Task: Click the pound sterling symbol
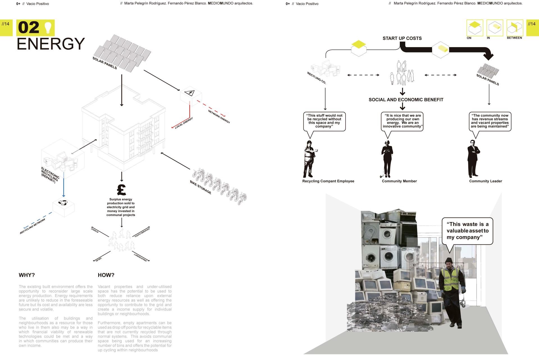[121, 190]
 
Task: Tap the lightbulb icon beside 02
[49, 27]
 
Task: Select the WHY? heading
[27, 275]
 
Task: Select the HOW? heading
[106, 275]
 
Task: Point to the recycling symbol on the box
[63, 203]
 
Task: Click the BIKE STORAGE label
[200, 187]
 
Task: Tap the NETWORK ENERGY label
[219, 116]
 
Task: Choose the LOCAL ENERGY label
[184, 123]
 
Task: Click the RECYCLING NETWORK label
[33, 226]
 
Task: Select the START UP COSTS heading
[402, 38]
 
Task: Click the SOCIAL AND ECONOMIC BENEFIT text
[406, 100]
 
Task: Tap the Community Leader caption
[485, 181]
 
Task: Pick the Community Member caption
[399, 181]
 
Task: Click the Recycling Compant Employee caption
[328, 181]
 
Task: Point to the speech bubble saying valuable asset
[467, 231]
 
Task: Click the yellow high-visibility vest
[450, 279]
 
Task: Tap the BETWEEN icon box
[515, 28]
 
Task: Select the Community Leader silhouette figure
[473, 159]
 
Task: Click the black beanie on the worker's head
[449, 260]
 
